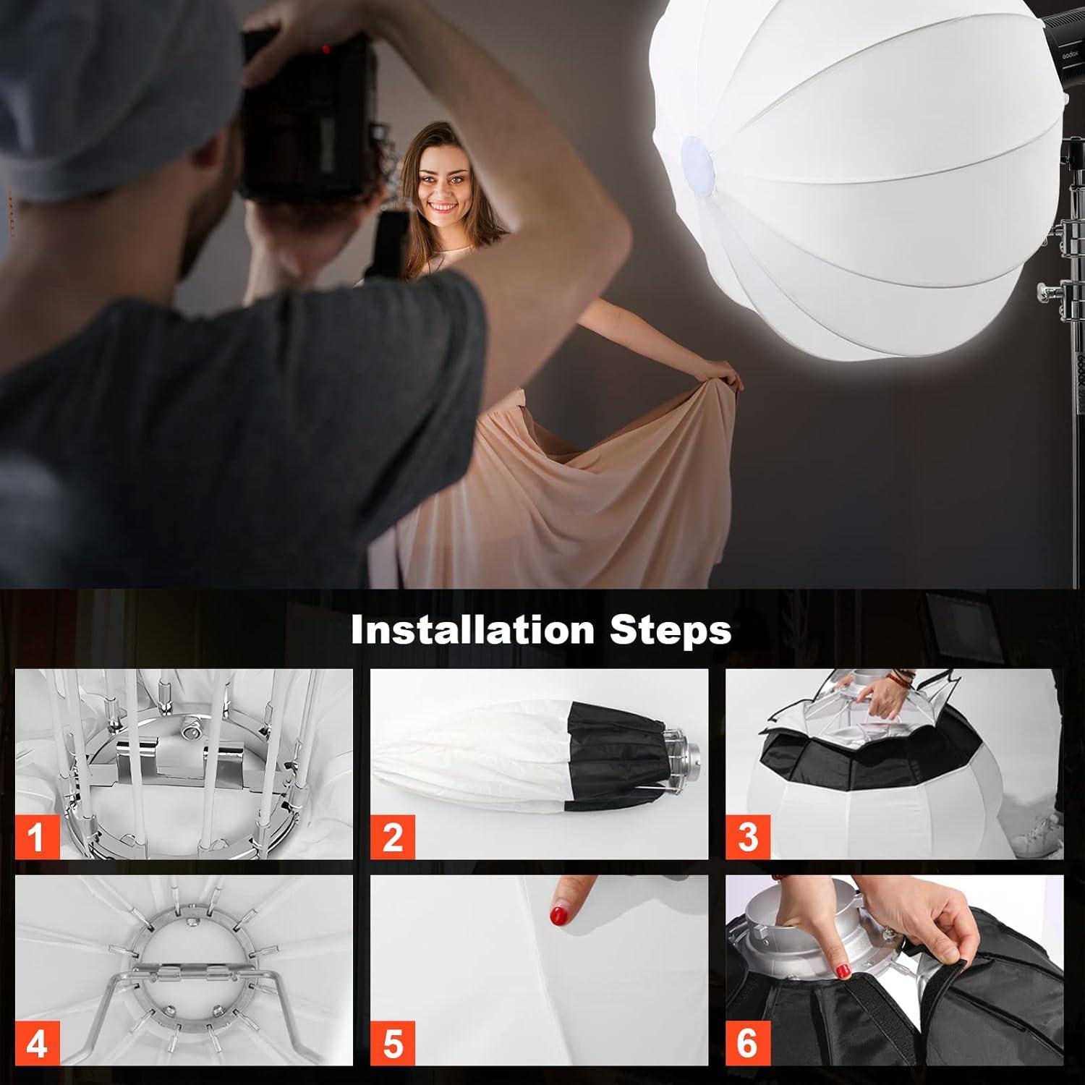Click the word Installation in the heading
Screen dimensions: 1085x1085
click(473, 630)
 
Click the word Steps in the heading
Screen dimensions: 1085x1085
click(670, 630)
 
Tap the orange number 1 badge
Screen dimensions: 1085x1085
click(36, 837)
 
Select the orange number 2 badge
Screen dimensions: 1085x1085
click(392, 837)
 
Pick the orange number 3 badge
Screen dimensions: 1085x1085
click(747, 837)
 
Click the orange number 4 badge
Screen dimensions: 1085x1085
click(36, 1044)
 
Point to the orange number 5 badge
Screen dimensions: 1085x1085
click(392, 1044)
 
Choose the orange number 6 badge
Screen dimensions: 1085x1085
click(747, 1044)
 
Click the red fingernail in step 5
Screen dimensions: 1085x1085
click(559, 914)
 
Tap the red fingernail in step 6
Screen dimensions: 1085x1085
click(842, 971)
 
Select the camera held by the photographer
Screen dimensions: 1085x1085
click(307, 109)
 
